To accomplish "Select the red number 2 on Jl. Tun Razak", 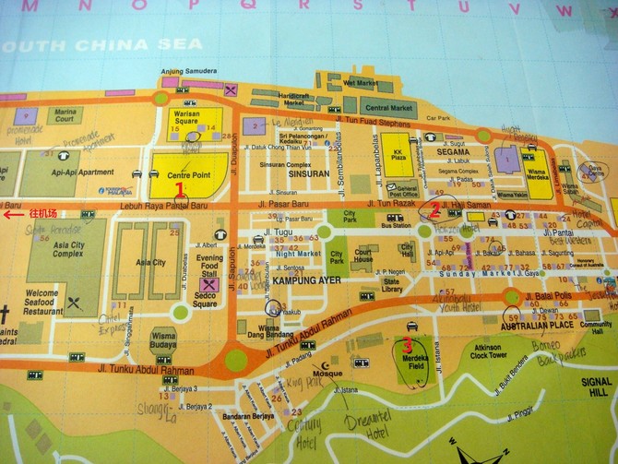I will pyautogui.click(x=434, y=208).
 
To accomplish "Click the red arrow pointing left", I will pyautogui.click(x=10, y=215).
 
